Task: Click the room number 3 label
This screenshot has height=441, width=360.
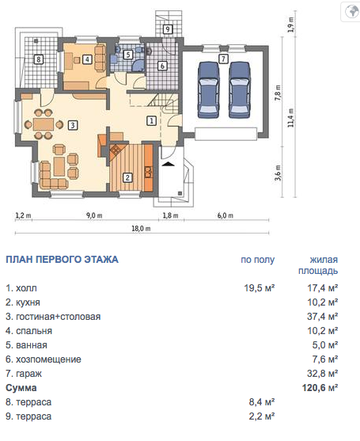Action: [73, 125]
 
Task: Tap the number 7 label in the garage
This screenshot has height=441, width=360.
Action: [223, 59]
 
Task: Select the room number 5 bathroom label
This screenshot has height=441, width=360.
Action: [128, 55]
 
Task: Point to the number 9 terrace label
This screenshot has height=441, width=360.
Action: [168, 29]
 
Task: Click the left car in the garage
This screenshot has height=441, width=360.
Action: [209, 89]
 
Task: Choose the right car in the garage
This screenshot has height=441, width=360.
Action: [240, 89]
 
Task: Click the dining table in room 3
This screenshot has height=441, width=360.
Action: [44, 124]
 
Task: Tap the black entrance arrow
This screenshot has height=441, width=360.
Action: [168, 164]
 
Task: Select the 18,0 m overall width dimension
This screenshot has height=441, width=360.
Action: [141, 228]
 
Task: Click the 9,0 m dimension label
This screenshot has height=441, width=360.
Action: [94, 215]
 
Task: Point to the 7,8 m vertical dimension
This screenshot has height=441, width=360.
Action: [278, 93]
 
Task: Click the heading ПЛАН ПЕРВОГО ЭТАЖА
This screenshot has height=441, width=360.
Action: [62, 260]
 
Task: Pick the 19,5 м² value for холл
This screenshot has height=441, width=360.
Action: [259, 288]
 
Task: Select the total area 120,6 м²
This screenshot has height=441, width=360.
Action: [320, 388]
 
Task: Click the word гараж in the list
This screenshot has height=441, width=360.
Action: [28, 374]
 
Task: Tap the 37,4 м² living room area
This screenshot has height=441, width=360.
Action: [322, 317]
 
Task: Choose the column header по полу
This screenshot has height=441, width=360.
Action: [258, 260]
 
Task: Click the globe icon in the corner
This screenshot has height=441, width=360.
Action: [352, 11]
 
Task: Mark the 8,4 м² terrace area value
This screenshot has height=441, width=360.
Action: [262, 402]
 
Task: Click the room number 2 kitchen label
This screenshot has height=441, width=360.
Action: [127, 177]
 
